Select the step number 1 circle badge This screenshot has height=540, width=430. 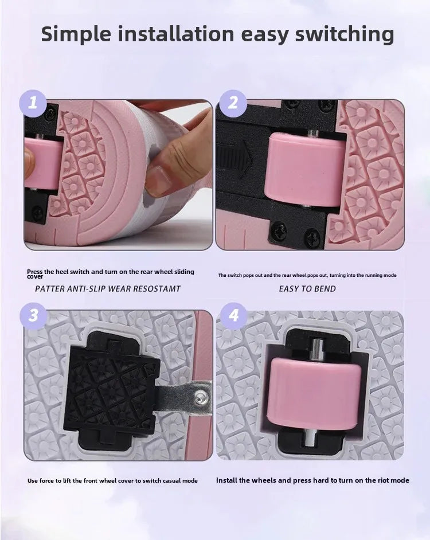pyautogui.click(x=33, y=103)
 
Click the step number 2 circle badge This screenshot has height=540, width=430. pyautogui.click(x=233, y=103)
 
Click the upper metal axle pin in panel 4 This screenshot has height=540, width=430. pyautogui.click(x=315, y=349)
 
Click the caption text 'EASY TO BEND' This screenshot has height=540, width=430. pyautogui.click(x=307, y=289)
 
